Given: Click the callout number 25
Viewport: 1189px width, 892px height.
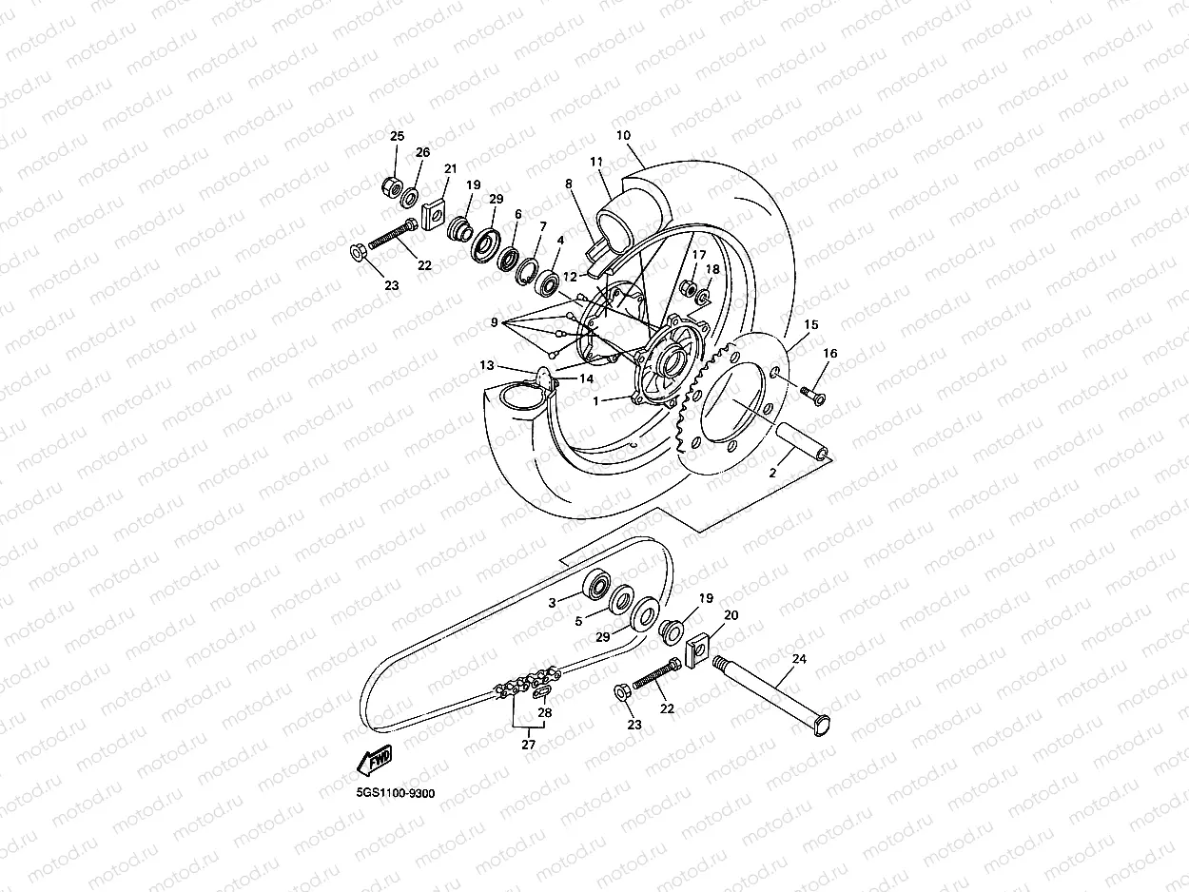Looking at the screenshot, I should click(397, 137).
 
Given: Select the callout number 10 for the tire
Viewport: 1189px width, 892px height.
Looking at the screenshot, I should click(623, 135).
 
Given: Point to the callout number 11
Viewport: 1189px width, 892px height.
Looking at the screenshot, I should click(596, 163).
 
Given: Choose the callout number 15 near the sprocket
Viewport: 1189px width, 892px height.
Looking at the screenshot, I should click(810, 324).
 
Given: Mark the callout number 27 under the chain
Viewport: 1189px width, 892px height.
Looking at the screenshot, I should click(528, 745).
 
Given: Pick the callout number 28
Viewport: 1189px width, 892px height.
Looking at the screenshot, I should click(544, 712).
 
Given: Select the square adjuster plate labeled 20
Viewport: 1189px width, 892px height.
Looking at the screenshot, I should click(698, 650).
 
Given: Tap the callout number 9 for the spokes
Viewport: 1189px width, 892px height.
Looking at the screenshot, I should click(495, 322).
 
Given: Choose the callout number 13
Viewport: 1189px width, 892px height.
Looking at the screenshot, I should click(487, 364).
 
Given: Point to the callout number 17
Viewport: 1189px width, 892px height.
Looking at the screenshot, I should click(699, 255).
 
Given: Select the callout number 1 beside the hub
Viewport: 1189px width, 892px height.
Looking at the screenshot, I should click(596, 400).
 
